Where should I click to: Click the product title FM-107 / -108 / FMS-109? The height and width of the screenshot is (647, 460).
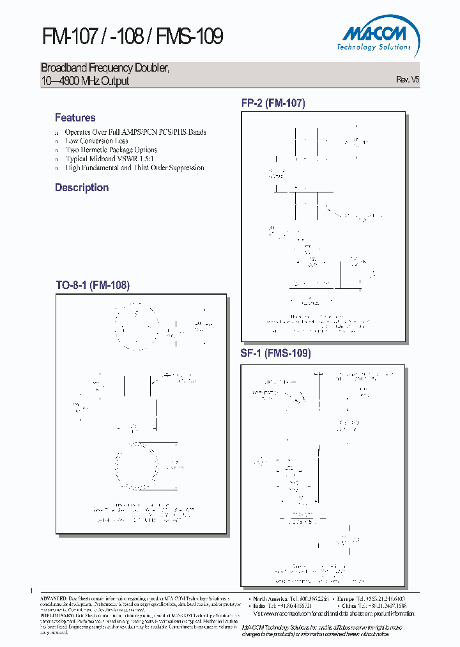[x=132, y=36]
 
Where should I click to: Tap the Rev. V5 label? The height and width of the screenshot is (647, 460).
[x=408, y=80]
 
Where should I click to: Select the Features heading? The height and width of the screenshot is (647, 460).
[x=75, y=118]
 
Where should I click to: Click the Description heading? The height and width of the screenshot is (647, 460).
[x=82, y=187]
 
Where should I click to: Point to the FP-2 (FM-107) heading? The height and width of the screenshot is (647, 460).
[x=273, y=103]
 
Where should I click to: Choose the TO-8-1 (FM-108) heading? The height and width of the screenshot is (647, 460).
[x=93, y=286]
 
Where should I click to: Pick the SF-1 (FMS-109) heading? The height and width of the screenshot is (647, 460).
[x=276, y=353]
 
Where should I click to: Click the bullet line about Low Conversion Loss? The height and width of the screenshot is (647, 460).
[x=96, y=141]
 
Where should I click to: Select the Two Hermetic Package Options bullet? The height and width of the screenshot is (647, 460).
[x=111, y=150]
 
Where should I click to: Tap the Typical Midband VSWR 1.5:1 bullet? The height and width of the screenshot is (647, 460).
[x=109, y=159]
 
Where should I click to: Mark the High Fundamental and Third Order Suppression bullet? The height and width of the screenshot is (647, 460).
[x=135, y=168]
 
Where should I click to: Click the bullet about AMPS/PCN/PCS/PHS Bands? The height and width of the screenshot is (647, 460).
[x=135, y=132]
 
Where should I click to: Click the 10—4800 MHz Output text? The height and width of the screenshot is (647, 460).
[x=85, y=81]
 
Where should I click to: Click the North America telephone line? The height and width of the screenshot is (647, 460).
[x=289, y=598]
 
